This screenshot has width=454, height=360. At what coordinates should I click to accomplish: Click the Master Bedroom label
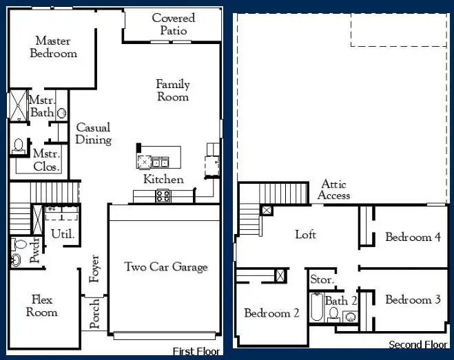point(53,47)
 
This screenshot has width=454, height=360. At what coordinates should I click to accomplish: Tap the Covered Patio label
point(174,24)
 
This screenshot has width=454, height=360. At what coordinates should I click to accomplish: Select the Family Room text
point(172,90)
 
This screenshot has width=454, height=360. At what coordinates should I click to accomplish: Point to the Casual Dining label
point(93,134)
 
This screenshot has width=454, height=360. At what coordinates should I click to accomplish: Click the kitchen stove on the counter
point(163,196)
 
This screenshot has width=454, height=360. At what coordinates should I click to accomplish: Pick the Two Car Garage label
point(165,266)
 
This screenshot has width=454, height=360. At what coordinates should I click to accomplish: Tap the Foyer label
point(95,268)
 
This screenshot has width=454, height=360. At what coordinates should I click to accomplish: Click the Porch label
point(95,313)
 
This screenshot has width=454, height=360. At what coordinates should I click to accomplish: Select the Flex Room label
point(42,306)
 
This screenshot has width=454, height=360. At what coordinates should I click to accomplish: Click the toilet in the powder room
point(17,260)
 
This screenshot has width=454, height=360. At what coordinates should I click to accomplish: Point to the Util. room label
point(63,234)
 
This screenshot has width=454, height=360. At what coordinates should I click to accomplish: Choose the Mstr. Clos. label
point(47,160)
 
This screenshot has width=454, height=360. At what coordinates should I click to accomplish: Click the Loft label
point(305,235)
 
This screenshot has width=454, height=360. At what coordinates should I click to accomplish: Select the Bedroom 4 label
point(413,237)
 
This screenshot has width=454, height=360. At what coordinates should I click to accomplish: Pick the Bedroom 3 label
point(413,299)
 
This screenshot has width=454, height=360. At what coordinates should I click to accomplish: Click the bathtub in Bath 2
point(317,308)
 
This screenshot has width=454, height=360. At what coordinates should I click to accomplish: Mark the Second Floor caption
point(418,345)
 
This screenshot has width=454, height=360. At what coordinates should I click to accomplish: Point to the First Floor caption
point(196,350)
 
